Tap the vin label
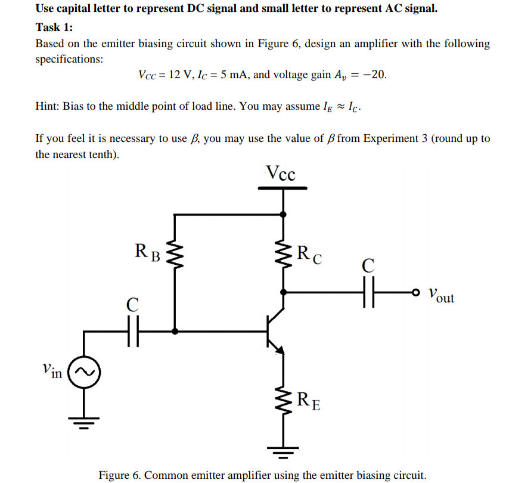[x=52, y=371]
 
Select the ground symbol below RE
[x=283, y=454]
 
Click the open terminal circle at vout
[x=415, y=293]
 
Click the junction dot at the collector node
[x=283, y=293]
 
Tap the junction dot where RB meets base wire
[x=175, y=332]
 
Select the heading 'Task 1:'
[x=54, y=27]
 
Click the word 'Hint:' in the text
[x=48, y=107]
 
